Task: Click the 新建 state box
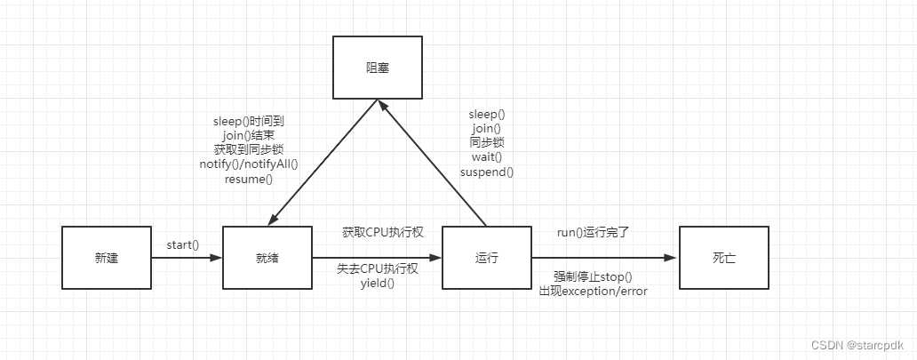point(106,259)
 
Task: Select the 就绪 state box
point(267,259)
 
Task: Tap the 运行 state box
point(486,259)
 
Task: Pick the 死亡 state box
point(723,259)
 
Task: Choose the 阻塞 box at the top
point(378,68)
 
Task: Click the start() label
point(182,245)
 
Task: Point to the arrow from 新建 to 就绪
point(187,259)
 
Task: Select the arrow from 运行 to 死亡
point(604,259)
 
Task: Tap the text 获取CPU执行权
point(383,233)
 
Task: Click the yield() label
point(377,283)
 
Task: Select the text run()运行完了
point(594,233)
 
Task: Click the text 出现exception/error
point(594,291)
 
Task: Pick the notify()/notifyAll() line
point(249,164)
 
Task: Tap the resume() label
point(249,178)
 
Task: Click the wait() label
point(486,156)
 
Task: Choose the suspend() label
point(486,171)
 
